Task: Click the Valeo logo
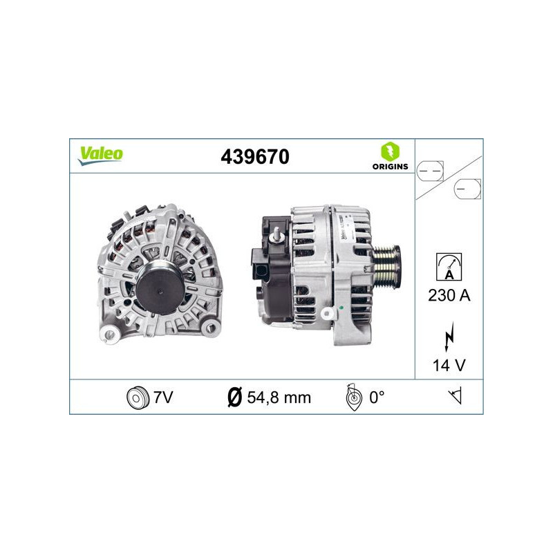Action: click(100, 156)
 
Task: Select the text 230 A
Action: click(449, 296)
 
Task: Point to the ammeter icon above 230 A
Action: click(449, 266)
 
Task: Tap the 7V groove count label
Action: click(163, 397)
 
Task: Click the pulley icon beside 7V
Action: click(138, 397)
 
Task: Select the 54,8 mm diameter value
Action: click(279, 397)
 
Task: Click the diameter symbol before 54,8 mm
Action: click(234, 397)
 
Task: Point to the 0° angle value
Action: click(376, 397)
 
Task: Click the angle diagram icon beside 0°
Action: click(353, 397)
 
